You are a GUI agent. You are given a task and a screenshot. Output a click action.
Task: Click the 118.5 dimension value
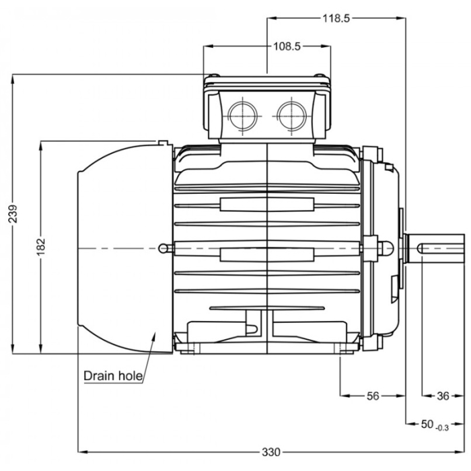(x=336, y=18)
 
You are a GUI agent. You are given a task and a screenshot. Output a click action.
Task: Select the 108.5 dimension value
(x=287, y=46)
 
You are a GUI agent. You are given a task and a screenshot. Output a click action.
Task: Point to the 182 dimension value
(x=41, y=246)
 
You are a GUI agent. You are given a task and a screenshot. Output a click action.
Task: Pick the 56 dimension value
(x=373, y=396)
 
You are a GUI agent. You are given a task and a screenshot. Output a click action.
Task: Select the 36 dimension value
(x=442, y=396)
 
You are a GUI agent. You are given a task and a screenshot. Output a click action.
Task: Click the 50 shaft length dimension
(x=427, y=424)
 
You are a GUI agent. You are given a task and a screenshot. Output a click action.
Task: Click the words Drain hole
(x=113, y=375)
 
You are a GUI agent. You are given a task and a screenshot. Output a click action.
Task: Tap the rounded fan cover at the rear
(x=121, y=247)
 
